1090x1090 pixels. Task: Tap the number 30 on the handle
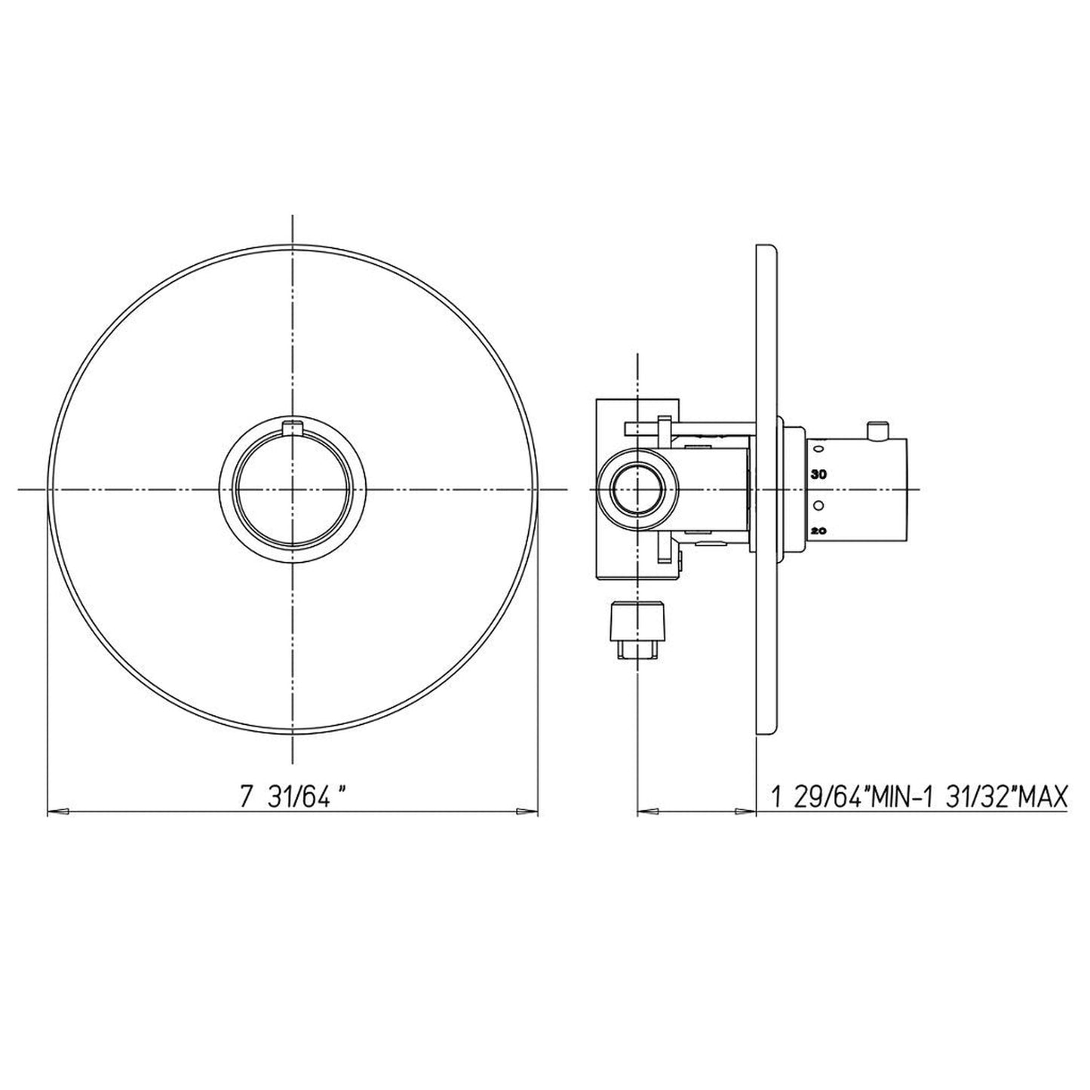pyautogui.click(x=819, y=474)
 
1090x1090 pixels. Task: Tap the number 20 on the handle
pyautogui.click(x=819, y=531)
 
